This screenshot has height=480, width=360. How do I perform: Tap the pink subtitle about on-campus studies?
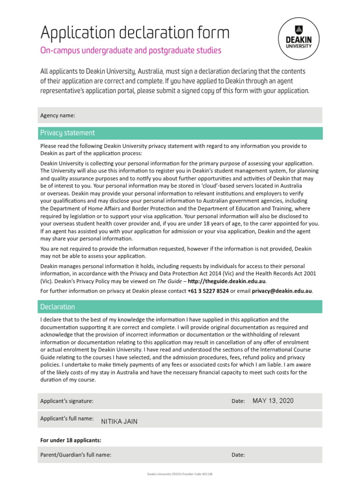(131, 50)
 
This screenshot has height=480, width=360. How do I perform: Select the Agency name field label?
(58, 115)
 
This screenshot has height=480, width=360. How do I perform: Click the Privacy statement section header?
(67, 133)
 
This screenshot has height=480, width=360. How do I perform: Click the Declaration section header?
(57, 307)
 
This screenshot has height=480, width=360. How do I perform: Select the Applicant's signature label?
(67, 401)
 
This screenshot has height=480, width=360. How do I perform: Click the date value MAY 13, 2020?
(273, 400)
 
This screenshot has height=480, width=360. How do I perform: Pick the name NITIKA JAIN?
(119, 421)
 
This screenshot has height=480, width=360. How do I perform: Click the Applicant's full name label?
(67, 418)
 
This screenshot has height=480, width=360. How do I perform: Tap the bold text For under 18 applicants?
(71, 440)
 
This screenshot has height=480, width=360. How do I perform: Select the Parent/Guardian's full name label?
(75, 455)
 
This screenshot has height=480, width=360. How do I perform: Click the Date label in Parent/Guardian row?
(238, 455)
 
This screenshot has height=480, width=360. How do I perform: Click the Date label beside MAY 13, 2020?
(238, 401)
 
